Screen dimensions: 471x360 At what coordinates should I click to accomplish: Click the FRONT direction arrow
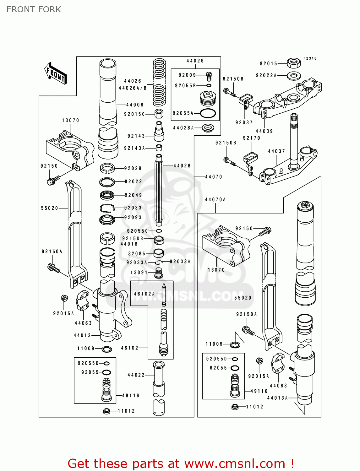[x=56, y=74]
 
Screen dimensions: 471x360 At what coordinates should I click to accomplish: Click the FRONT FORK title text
[x=34, y=9]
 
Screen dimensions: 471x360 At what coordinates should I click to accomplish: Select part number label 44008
[x=135, y=105]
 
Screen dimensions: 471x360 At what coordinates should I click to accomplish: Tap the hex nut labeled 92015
[x=294, y=63]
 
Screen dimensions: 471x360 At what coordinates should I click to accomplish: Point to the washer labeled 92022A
[x=294, y=75]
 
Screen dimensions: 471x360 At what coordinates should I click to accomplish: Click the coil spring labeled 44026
[x=159, y=82]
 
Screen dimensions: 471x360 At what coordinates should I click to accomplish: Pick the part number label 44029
[x=195, y=61]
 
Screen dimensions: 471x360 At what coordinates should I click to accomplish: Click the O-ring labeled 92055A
[x=208, y=113]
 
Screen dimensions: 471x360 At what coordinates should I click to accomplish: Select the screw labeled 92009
[x=209, y=76]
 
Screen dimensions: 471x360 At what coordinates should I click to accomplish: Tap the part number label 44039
[x=264, y=131]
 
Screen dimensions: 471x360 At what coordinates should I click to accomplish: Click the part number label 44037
[x=276, y=151]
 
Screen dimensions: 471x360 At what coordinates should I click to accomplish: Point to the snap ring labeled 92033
[x=107, y=208]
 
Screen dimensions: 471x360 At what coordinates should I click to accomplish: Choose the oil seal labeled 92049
[x=107, y=195]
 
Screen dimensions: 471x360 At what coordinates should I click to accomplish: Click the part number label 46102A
[x=145, y=294]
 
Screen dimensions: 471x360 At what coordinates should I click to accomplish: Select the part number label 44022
[x=136, y=375]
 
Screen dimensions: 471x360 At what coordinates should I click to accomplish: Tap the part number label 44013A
[x=278, y=398]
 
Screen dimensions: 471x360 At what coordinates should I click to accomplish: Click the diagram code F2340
[x=310, y=58]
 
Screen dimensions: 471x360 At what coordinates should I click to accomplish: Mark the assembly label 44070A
[x=215, y=199]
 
